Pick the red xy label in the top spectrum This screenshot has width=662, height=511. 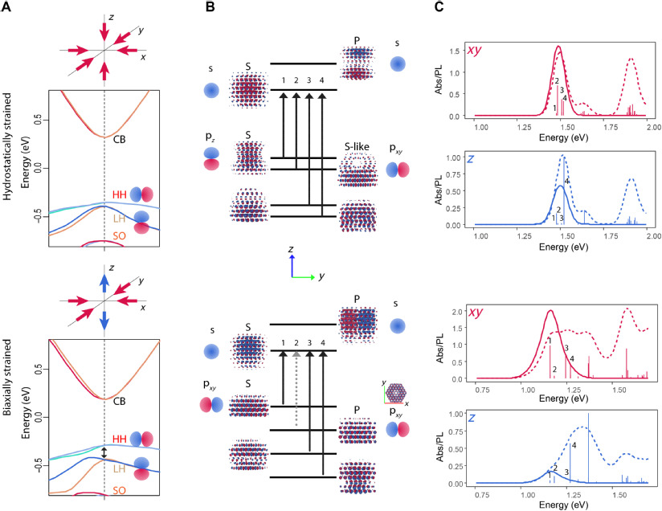pos(475,51)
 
